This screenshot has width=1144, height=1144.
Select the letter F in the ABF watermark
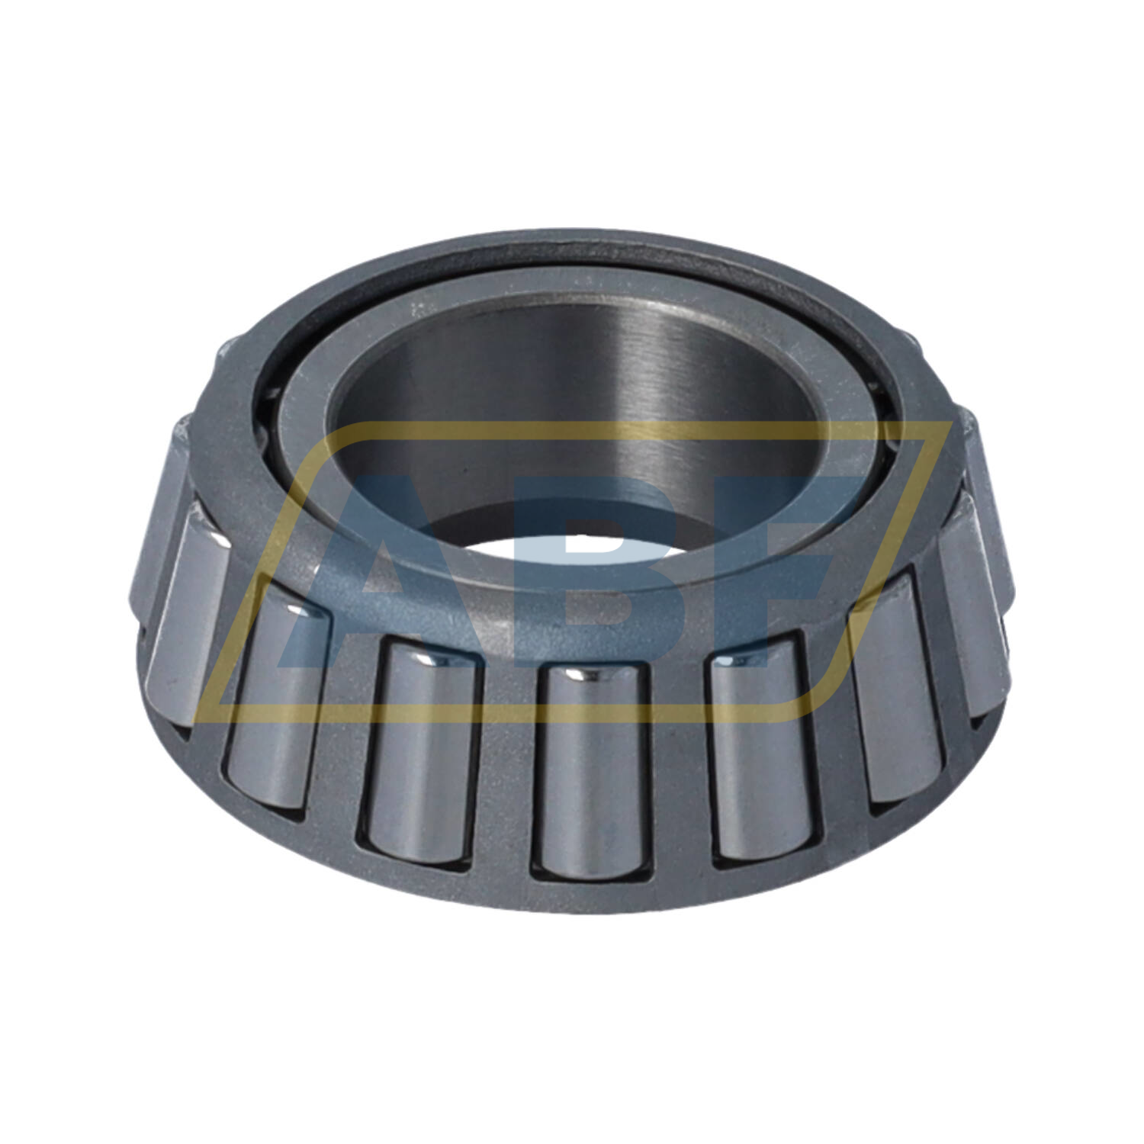coord(770,572)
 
